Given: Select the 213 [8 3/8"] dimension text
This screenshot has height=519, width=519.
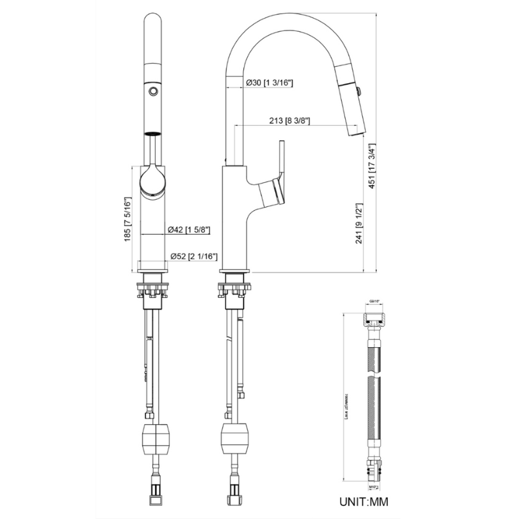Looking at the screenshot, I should pos(287,120).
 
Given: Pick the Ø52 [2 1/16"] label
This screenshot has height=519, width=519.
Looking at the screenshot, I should pos(192,256).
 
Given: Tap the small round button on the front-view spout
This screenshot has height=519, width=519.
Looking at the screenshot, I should pos(153,91).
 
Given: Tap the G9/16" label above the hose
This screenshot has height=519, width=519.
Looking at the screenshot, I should pos(374,302).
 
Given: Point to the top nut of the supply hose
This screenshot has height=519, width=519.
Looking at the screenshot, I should pos(374,319).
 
